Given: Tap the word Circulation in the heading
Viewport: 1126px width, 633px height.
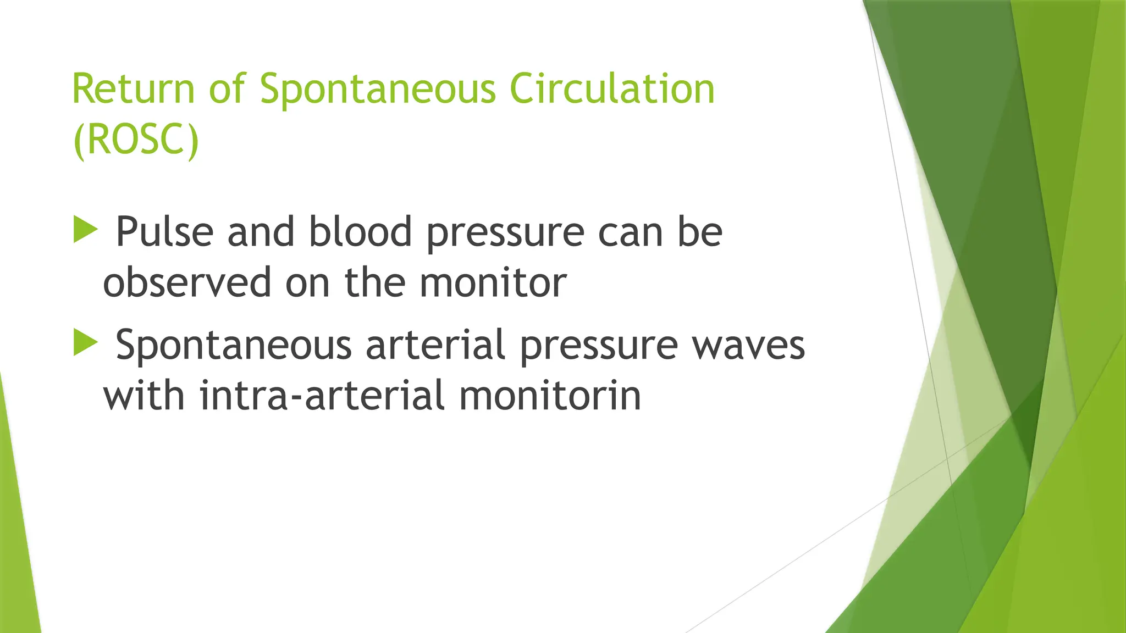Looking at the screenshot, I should (612, 89).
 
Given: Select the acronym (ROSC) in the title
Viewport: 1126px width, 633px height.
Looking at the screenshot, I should (135, 140).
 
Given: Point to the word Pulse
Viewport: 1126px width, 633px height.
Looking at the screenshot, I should (164, 232).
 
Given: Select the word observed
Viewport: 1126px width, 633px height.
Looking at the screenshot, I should (187, 282).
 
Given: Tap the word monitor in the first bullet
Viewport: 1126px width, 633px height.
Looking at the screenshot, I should (493, 282).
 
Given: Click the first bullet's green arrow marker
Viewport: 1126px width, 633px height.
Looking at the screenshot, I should (85, 229).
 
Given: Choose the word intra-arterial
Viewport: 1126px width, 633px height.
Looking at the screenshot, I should (322, 396).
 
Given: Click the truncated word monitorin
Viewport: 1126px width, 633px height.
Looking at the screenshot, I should (550, 396).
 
